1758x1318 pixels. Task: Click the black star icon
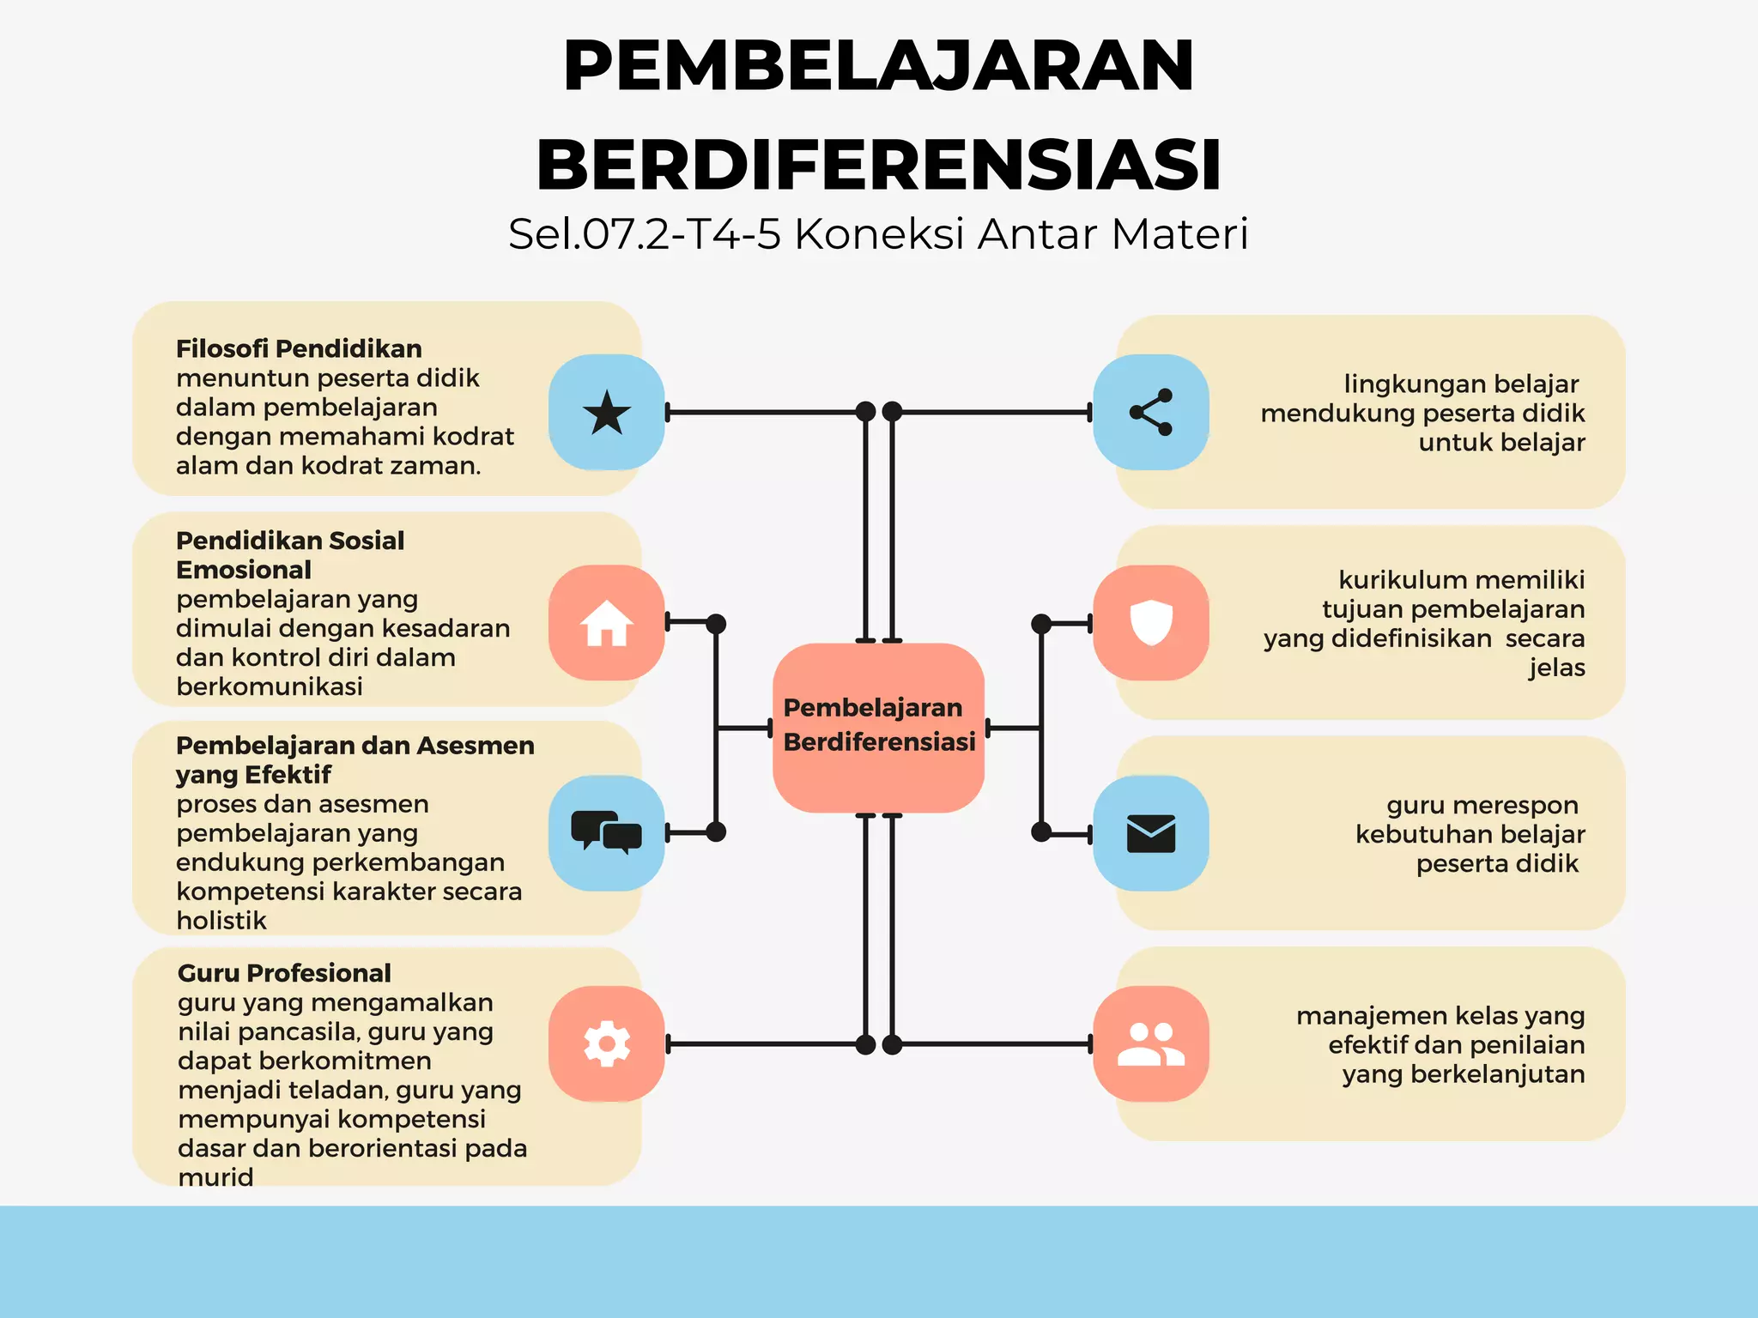click(607, 412)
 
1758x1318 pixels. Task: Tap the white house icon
click(607, 623)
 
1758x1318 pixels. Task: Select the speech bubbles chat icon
click(607, 832)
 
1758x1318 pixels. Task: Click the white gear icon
click(607, 1043)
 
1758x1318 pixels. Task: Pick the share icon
click(1151, 412)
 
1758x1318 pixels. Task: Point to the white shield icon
click(1151, 622)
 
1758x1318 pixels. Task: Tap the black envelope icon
click(1151, 833)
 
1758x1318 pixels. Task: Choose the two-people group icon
click(1151, 1044)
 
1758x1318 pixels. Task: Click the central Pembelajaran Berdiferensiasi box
click(878, 726)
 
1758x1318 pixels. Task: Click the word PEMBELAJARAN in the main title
click(878, 67)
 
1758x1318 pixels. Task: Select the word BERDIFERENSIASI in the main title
click(878, 165)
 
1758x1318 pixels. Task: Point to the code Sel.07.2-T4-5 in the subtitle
click(645, 234)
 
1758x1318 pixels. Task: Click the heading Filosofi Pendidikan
click(299, 348)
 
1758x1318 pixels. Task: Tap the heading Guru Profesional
click(284, 973)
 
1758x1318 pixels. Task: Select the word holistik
click(221, 921)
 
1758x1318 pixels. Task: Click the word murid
click(215, 1177)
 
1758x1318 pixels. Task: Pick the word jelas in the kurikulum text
click(1556, 668)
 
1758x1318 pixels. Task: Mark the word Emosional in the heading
click(244, 570)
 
